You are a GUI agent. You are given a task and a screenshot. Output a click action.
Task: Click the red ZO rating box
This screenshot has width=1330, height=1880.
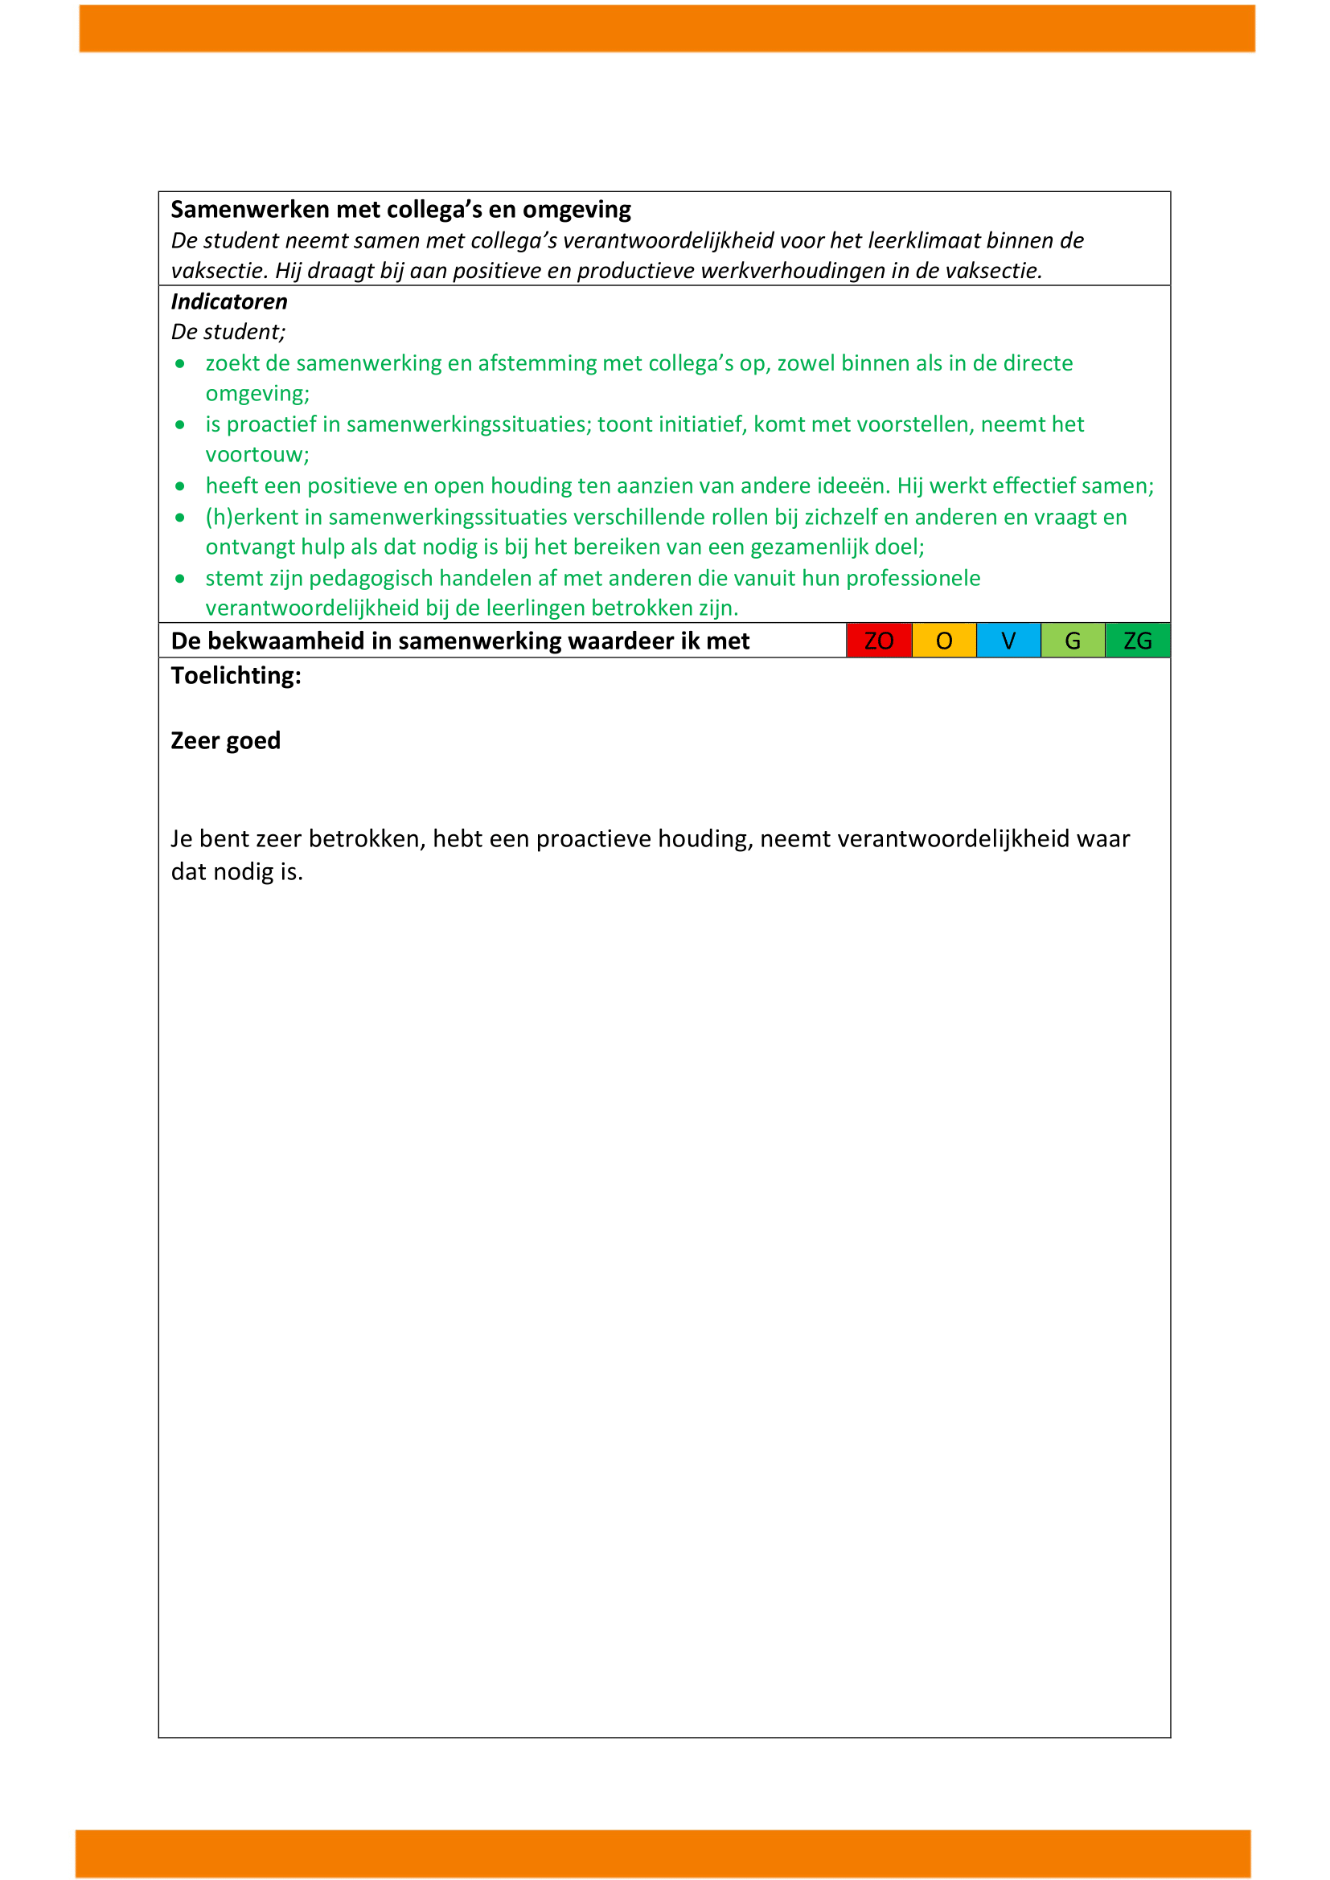click(879, 641)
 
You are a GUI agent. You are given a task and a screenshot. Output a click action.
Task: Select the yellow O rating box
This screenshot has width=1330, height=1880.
click(943, 641)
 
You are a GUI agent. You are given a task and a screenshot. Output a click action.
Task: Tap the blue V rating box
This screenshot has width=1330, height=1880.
click(1008, 641)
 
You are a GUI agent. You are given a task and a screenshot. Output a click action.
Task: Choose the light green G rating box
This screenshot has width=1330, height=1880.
click(1073, 641)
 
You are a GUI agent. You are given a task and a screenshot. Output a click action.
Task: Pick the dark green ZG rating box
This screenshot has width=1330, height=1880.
click(1138, 641)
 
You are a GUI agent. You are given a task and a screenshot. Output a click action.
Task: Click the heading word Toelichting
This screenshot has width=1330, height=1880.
click(236, 675)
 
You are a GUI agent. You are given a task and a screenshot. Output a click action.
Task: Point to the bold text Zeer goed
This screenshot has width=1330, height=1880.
click(225, 740)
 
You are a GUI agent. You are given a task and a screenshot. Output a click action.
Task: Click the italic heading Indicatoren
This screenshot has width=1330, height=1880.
click(229, 302)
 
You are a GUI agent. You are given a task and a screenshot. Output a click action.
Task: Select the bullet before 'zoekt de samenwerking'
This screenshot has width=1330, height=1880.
click(180, 363)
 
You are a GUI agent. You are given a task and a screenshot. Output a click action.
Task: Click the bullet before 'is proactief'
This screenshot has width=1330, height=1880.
click(180, 425)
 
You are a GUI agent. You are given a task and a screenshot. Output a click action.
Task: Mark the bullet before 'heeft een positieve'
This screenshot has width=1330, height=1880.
click(180, 486)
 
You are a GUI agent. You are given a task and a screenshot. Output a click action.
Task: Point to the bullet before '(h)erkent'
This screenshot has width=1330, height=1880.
click(180, 518)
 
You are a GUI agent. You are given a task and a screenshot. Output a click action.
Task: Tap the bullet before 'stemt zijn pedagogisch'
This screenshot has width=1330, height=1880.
click(180, 579)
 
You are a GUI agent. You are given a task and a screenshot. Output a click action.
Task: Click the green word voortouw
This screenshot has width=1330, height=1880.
click(256, 455)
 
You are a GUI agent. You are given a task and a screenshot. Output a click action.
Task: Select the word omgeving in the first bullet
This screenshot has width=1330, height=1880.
click(256, 394)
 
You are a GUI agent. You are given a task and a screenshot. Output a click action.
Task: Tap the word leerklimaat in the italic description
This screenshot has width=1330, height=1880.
click(924, 241)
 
